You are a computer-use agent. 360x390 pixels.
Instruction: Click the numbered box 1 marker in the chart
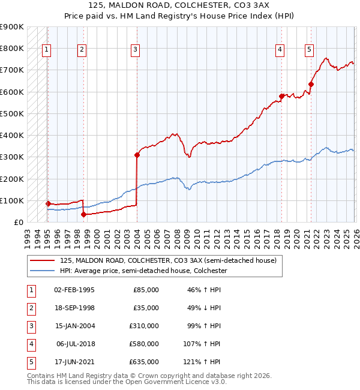[x=47, y=50]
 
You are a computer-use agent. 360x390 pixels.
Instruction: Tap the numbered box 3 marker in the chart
[x=136, y=50]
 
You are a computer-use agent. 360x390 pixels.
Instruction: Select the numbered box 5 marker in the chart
[x=309, y=50]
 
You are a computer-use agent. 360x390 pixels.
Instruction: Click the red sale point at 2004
[x=137, y=155]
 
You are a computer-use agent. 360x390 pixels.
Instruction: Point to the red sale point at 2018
[x=281, y=96]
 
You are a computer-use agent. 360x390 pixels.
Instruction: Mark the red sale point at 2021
[x=311, y=84]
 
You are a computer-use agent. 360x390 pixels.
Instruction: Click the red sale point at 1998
[x=83, y=214]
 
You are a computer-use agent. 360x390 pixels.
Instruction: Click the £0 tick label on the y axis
[x=18, y=222]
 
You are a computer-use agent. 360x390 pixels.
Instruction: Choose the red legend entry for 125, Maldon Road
[x=167, y=261]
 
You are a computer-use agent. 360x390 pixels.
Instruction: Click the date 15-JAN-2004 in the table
[x=74, y=325]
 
